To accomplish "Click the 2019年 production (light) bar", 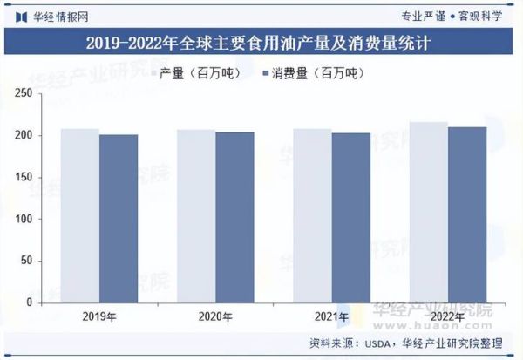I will coord(79,215).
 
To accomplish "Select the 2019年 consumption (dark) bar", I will coord(119,218).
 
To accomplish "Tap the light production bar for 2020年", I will coord(196,216).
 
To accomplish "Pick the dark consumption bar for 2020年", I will coord(234,217).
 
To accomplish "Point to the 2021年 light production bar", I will coord(312,215).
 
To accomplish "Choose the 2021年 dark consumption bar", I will coord(350,218).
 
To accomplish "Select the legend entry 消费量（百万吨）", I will coord(311,75).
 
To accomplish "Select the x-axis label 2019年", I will coord(98,316).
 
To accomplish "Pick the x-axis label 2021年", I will coord(331,316).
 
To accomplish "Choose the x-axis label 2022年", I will coord(447,316).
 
